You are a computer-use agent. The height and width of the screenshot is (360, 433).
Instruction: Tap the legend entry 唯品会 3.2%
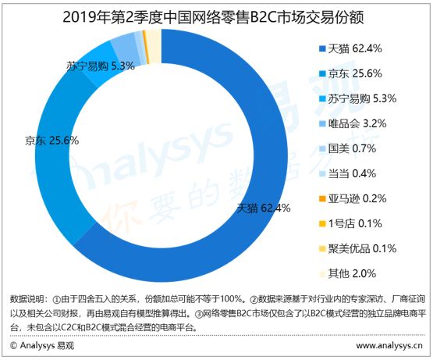tap(356, 123)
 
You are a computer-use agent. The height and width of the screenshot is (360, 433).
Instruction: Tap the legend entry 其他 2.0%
tap(350, 273)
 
